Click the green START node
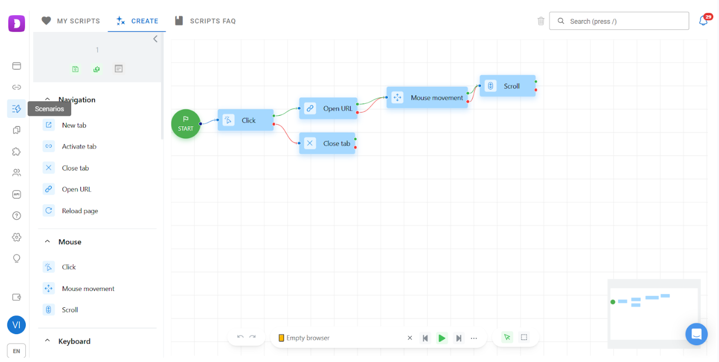click(x=186, y=124)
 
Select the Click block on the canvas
click(x=246, y=120)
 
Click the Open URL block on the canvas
click(x=328, y=108)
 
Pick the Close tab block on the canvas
click(x=327, y=143)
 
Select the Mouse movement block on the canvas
click(x=427, y=98)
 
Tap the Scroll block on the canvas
click(x=507, y=86)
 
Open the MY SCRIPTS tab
click(x=71, y=21)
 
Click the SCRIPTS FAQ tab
click(x=205, y=21)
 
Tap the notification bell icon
click(x=703, y=21)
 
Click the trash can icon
click(x=541, y=21)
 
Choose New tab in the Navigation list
click(x=74, y=125)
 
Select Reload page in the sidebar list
click(x=79, y=211)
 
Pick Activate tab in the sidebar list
click(x=79, y=147)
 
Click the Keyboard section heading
click(x=74, y=341)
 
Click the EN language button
click(x=16, y=351)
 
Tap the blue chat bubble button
click(x=696, y=334)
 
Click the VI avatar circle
click(x=16, y=325)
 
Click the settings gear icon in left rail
click(x=16, y=237)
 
